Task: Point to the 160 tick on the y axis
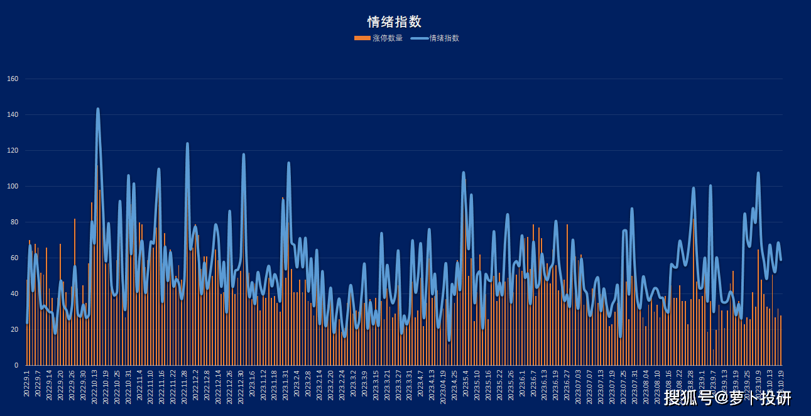click(x=13, y=79)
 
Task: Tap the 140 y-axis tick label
click(x=13, y=115)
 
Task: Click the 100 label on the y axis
click(x=13, y=187)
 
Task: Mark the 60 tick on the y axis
click(x=14, y=258)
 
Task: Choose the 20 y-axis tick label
click(x=14, y=330)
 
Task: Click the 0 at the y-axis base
click(x=16, y=366)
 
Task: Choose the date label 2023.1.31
click(x=286, y=384)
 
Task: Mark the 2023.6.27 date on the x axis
click(x=567, y=384)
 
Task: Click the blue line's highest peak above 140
click(x=98, y=109)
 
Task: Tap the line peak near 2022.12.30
click(x=244, y=155)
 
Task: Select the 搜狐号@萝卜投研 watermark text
click(x=727, y=398)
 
